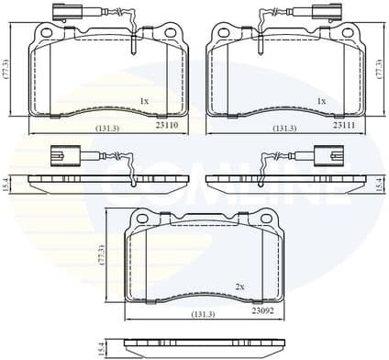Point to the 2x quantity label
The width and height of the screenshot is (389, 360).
coord(239,287)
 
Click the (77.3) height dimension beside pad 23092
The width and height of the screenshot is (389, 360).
coord(102,253)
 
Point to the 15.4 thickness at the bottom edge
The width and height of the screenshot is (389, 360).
coord(102,347)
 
